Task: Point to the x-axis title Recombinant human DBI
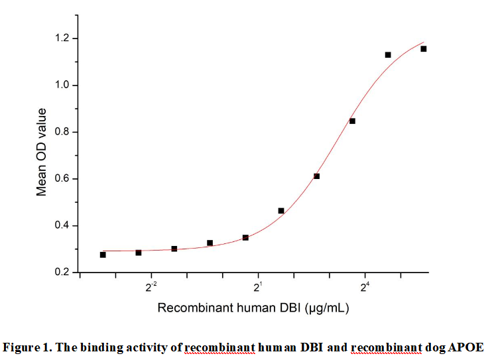(253, 308)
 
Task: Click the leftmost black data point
(103, 255)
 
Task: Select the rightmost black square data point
(423, 48)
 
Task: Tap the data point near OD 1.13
(388, 54)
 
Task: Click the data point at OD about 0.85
(352, 121)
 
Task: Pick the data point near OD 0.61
(316, 176)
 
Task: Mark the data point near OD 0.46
(281, 211)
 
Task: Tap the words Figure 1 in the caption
(27, 347)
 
